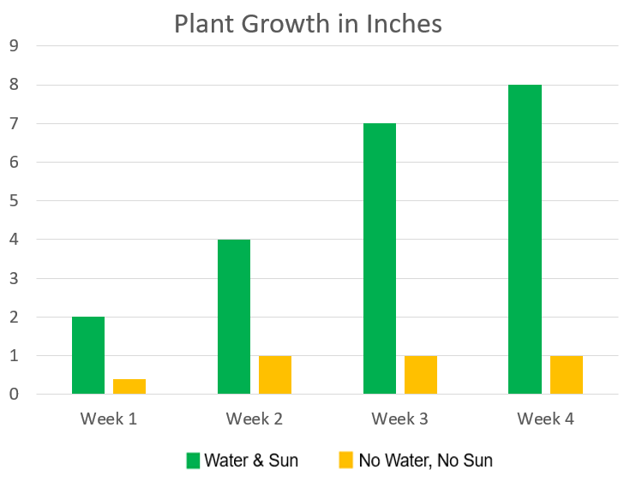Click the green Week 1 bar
click(88, 355)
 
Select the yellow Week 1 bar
click(129, 386)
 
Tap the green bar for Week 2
click(234, 317)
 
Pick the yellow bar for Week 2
click(275, 375)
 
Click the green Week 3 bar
click(380, 258)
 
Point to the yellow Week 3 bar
click(421, 375)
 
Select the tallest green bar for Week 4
click(525, 240)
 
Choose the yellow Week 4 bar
click(567, 375)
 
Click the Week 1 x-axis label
click(109, 419)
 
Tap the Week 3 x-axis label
click(400, 419)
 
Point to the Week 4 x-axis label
click(546, 419)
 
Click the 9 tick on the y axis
click(13, 46)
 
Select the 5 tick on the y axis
click(13, 201)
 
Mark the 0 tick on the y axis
click(13, 395)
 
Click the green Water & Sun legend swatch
click(194, 460)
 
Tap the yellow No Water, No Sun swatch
click(345, 460)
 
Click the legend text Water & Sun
click(251, 460)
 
